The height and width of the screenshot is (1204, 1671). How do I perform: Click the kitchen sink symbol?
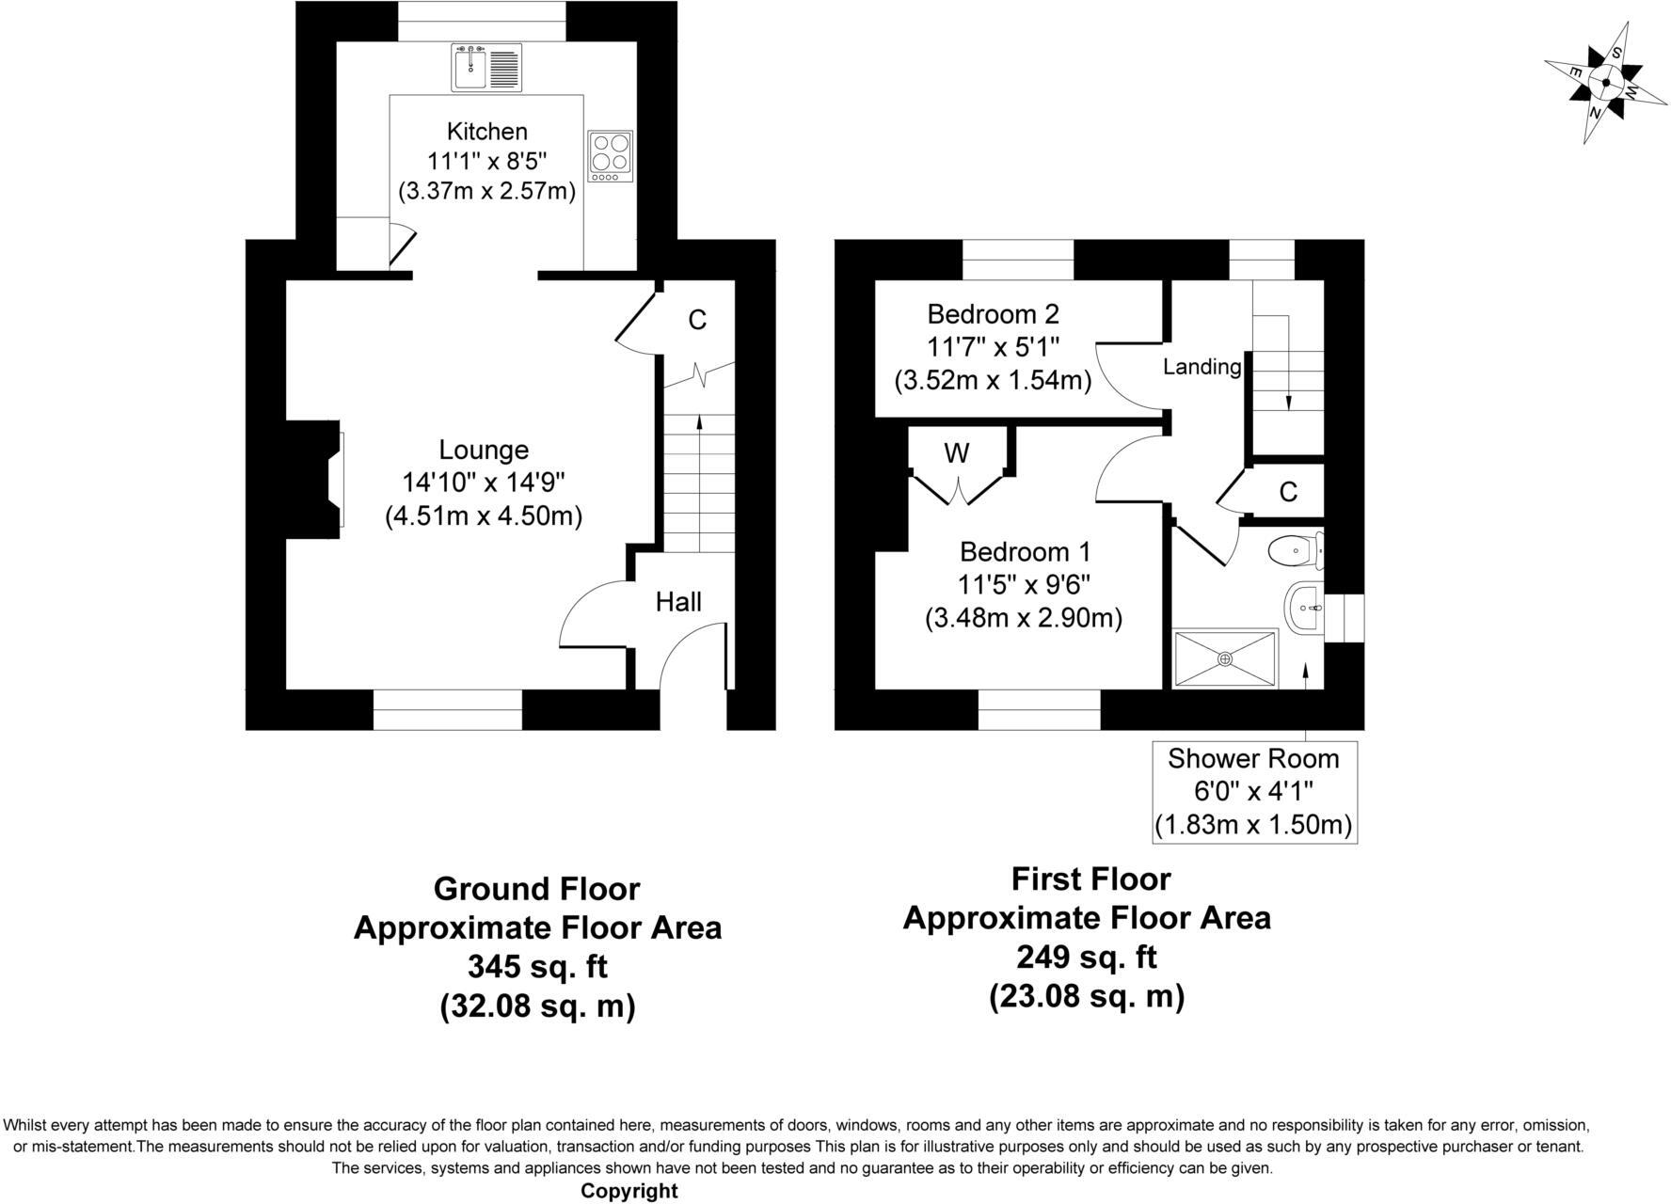click(485, 68)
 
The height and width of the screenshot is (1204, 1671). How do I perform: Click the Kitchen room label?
click(486, 131)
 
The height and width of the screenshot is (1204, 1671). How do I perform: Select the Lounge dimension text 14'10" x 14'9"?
click(483, 483)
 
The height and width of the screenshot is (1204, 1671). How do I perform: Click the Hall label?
click(678, 602)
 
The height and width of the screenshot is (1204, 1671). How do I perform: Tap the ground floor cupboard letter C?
click(697, 321)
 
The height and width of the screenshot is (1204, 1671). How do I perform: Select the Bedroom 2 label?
click(993, 313)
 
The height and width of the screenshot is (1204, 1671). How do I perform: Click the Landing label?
click(1202, 367)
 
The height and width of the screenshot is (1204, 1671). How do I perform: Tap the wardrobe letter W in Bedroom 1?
click(956, 454)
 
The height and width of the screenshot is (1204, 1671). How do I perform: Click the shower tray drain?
click(1224, 659)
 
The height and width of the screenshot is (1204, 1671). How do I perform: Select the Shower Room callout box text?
click(1253, 791)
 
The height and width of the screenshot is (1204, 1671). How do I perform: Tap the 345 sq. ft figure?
click(537, 967)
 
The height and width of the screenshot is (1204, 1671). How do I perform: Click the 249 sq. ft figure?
click(1086, 957)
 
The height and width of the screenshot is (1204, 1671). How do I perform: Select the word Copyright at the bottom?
click(629, 1191)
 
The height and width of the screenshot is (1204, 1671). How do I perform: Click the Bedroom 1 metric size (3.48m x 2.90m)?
click(1024, 618)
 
